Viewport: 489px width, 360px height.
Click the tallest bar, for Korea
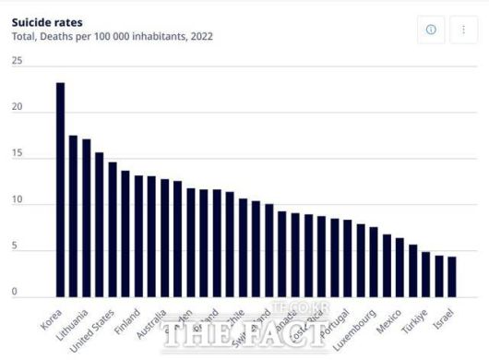tap(60, 189)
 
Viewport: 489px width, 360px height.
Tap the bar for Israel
tap(451, 276)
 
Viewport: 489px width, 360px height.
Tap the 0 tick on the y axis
tap(15, 292)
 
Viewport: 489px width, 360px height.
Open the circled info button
tap(431, 30)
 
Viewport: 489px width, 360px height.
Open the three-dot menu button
tap(463, 30)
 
